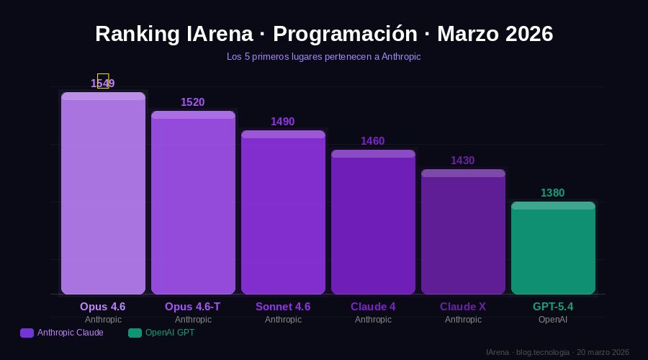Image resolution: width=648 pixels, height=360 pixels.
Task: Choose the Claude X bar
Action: point(463,232)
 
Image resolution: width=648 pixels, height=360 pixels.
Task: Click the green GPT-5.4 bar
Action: point(553,248)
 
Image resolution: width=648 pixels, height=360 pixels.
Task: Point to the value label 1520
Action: point(193,102)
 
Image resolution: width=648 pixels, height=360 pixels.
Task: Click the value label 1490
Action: point(283,122)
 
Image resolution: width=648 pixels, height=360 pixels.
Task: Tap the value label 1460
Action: point(373,141)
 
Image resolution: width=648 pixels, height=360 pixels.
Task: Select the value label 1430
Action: point(463,161)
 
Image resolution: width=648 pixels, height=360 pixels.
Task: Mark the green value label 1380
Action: point(553,193)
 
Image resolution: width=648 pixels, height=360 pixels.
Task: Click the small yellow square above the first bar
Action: point(103,81)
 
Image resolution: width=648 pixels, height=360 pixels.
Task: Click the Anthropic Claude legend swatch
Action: point(27,333)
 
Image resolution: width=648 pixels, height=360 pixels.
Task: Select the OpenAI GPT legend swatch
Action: point(135,333)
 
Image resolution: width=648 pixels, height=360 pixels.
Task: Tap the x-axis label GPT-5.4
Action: point(553,307)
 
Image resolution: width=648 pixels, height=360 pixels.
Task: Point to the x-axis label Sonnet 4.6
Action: point(283,307)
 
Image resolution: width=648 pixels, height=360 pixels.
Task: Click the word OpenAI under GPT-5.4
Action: point(553,320)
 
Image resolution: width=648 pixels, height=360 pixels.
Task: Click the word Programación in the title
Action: point(345,34)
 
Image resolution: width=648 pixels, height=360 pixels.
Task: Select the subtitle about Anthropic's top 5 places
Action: point(323,56)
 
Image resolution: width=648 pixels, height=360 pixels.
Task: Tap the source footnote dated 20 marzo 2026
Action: point(557,352)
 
